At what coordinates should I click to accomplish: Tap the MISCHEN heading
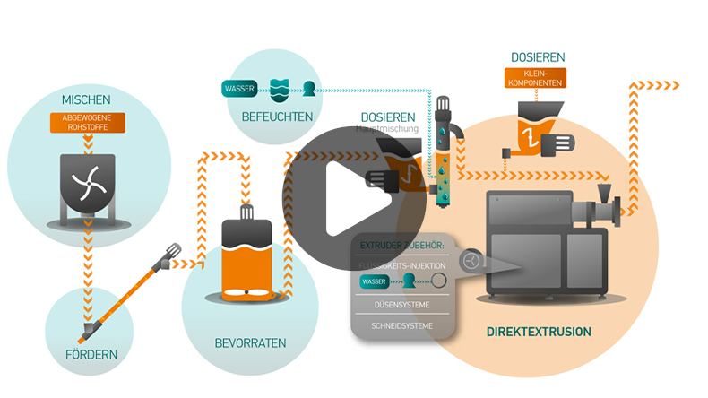click(86, 99)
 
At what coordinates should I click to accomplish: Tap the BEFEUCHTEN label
click(277, 117)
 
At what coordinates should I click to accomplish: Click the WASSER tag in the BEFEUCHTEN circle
click(238, 89)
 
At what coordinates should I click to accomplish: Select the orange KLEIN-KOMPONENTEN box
click(537, 79)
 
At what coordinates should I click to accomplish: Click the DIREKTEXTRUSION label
click(539, 332)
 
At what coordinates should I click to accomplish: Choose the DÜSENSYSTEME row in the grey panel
click(401, 305)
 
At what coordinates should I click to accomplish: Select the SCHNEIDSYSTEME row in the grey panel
click(401, 325)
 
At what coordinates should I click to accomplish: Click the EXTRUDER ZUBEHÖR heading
click(401, 244)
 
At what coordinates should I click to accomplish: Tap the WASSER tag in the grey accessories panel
click(374, 281)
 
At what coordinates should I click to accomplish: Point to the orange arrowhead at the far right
click(674, 86)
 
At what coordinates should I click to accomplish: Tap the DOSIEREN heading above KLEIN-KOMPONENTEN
click(538, 57)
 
